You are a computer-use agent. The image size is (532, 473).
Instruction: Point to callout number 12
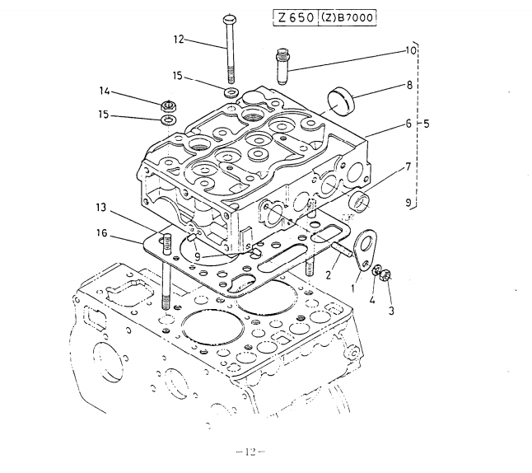pos(179,38)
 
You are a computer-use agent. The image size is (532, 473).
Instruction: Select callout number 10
pos(410,49)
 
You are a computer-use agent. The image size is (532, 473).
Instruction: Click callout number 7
pos(408,167)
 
